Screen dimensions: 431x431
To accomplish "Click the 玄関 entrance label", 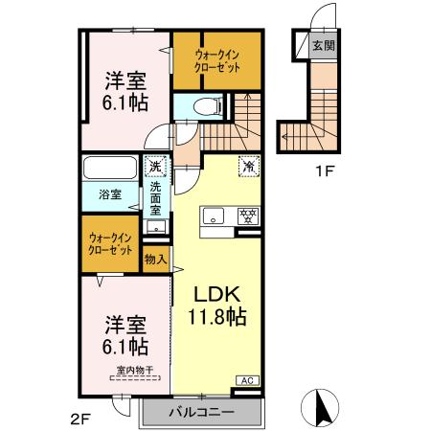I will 324,46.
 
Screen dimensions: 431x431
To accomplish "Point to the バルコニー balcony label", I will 201,413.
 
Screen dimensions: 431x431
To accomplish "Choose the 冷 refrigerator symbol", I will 248,165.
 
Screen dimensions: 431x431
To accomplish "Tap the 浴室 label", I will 110,195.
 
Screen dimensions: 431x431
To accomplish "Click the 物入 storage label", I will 155,258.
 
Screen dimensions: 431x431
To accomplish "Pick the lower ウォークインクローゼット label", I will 110,243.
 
